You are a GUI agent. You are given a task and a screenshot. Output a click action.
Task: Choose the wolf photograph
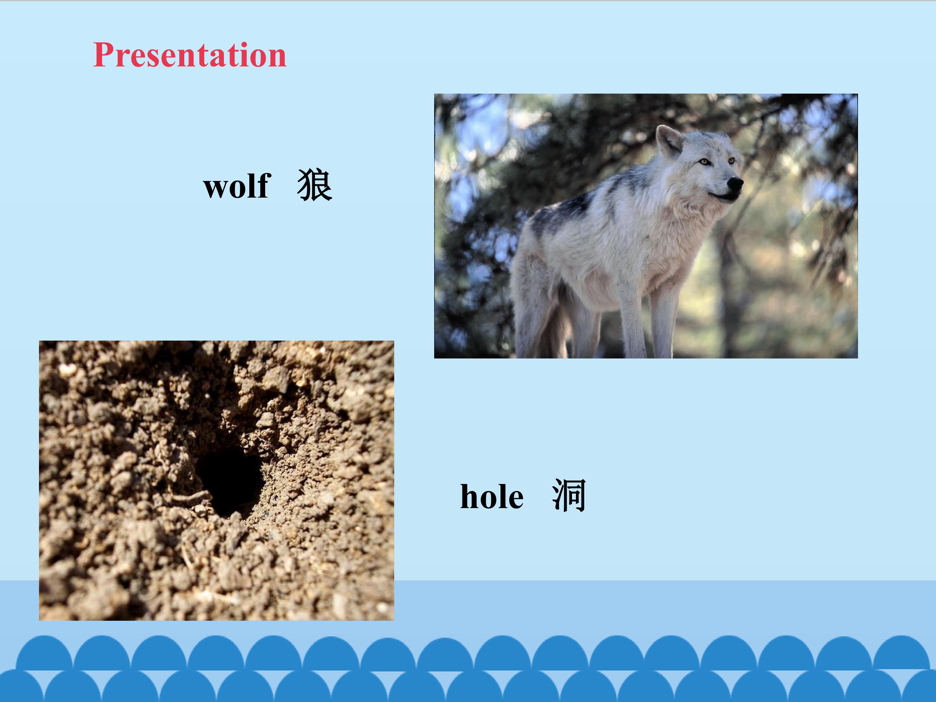point(646,226)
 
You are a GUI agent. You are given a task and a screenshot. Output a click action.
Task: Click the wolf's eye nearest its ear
point(704,162)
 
